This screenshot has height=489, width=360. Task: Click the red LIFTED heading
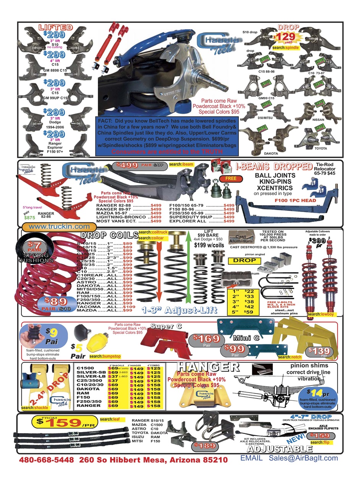(x=56, y=27)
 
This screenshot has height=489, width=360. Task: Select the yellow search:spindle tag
(x=285, y=48)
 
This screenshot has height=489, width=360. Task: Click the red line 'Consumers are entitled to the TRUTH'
(x=167, y=152)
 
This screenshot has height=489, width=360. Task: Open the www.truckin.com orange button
(x=59, y=226)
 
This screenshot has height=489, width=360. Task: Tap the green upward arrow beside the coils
(x=188, y=267)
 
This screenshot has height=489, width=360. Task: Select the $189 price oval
(x=201, y=445)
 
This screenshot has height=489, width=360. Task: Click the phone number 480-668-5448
(x=46, y=460)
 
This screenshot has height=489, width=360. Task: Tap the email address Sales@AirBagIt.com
(x=303, y=458)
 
